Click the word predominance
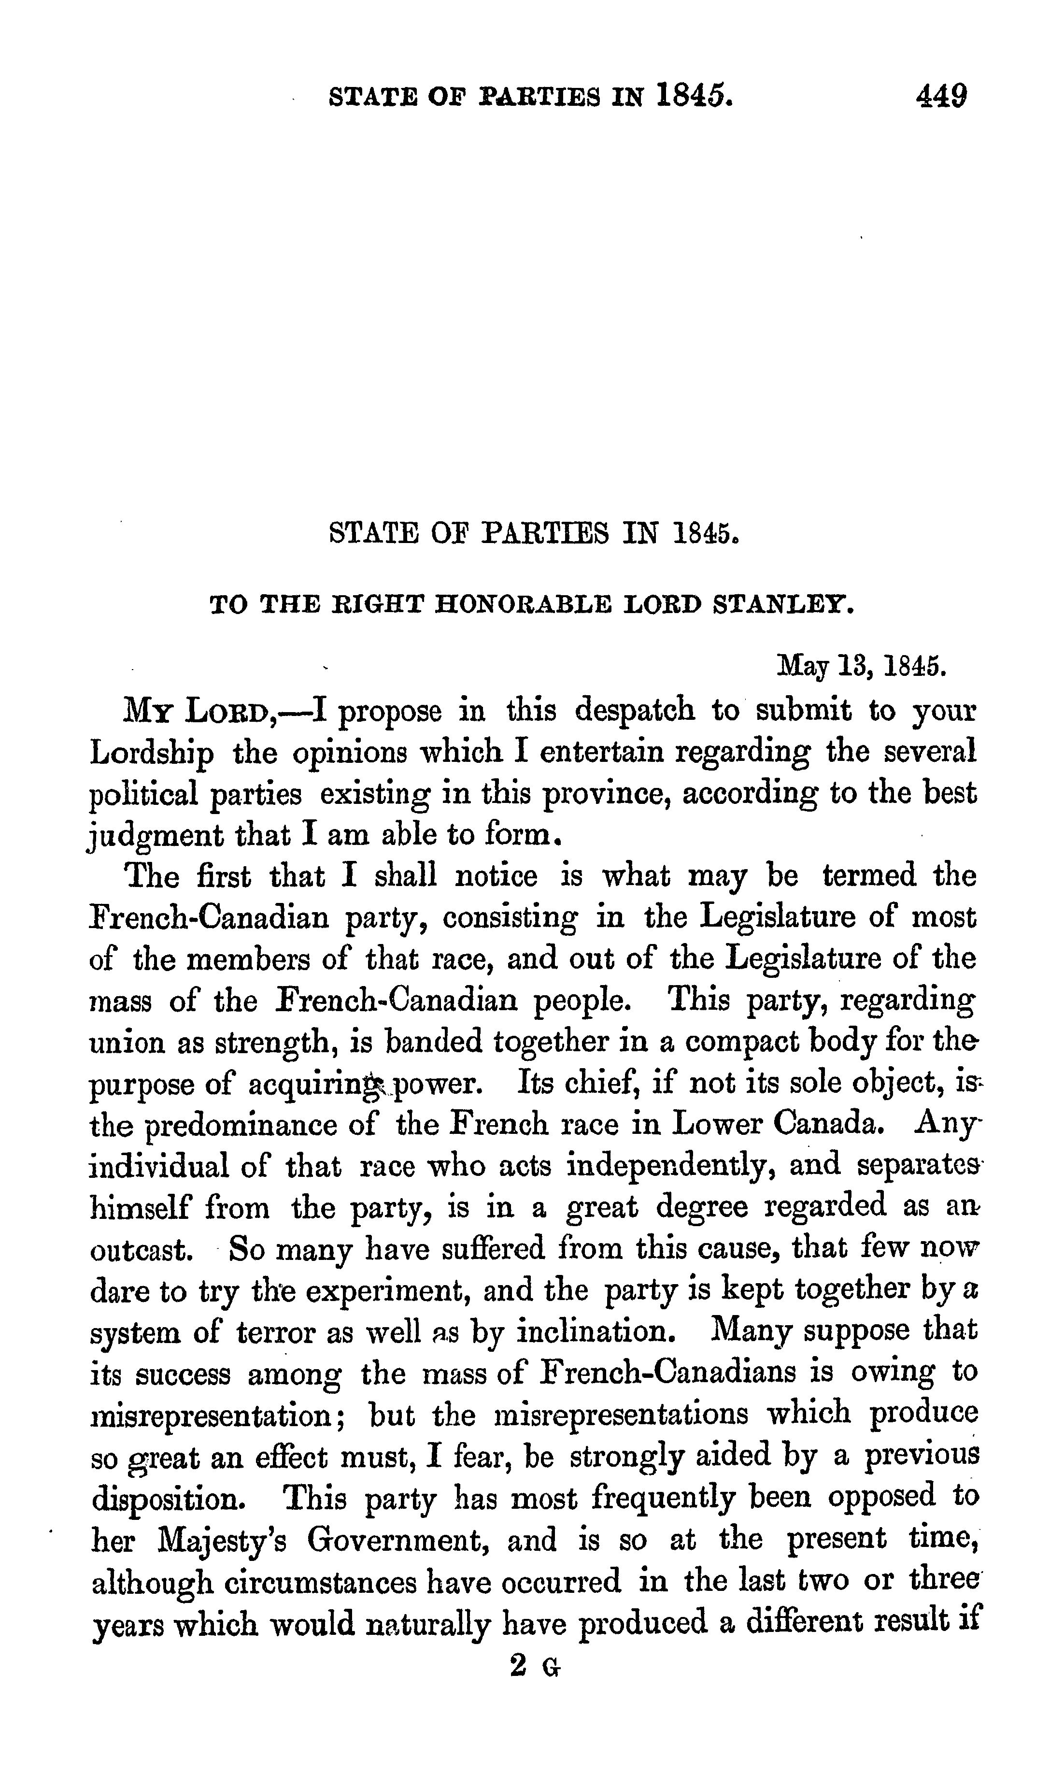pyautogui.click(x=241, y=1125)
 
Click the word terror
pyautogui.click(x=276, y=1332)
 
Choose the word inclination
pyautogui.click(x=596, y=1332)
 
